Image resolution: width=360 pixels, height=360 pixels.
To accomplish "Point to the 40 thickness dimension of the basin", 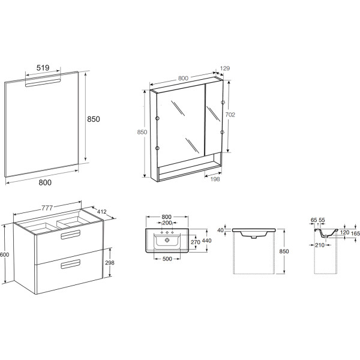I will tap(220, 230).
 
